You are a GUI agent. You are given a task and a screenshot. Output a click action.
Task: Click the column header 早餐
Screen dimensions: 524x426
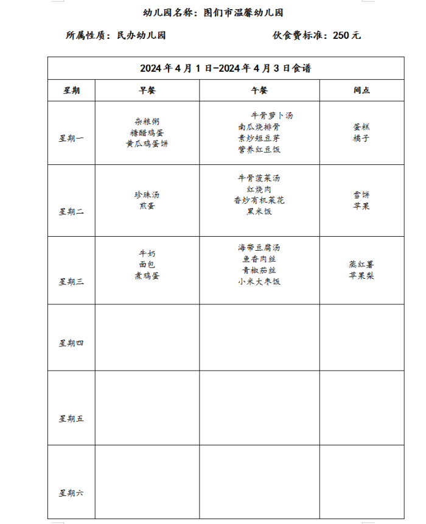coord(147,90)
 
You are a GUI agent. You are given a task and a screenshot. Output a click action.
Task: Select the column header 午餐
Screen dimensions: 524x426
coord(259,90)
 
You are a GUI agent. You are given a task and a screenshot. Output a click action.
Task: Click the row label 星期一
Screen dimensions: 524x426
coord(71,138)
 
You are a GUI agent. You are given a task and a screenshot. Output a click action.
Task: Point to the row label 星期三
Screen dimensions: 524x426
coord(71,281)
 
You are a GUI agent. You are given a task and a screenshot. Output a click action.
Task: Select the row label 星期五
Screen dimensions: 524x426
coord(71,419)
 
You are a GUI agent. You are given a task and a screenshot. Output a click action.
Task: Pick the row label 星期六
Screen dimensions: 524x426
coord(71,492)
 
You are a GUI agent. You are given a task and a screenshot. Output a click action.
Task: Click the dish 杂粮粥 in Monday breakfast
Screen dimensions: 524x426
coord(147,122)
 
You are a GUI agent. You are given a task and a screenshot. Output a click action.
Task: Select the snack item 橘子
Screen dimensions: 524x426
coord(361,138)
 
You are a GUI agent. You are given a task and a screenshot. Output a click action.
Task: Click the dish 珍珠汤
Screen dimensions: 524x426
coord(147,195)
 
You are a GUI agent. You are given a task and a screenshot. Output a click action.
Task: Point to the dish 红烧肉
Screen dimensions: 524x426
coord(259,189)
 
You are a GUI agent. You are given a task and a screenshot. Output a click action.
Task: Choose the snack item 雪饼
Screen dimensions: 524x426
coord(361,195)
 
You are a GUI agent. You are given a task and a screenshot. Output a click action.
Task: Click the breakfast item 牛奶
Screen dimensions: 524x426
coord(147,254)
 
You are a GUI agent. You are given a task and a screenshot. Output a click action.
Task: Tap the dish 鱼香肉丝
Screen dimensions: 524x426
coord(259,259)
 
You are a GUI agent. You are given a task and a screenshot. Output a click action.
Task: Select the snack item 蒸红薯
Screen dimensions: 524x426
coord(361,265)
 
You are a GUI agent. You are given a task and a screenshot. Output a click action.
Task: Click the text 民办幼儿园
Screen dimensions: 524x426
coord(141,35)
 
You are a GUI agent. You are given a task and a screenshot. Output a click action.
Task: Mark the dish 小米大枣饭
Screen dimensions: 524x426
coord(259,282)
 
